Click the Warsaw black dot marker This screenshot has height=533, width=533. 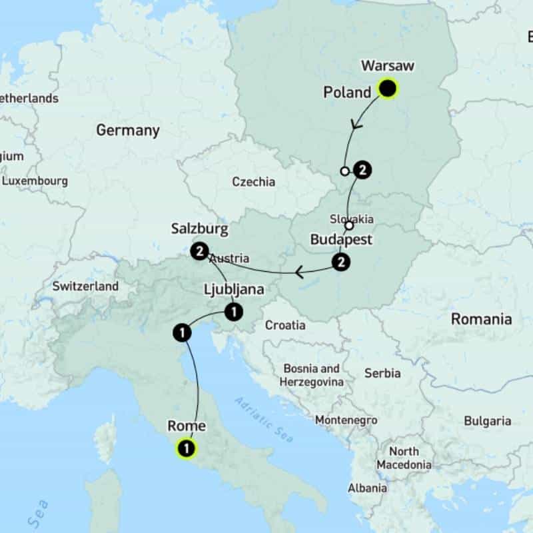(x=387, y=89)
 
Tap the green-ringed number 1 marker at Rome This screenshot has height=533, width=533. (x=187, y=449)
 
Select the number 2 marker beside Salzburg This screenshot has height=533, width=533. (x=199, y=252)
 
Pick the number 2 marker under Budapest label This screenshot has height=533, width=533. (x=341, y=263)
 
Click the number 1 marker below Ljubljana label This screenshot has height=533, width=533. (x=233, y=310)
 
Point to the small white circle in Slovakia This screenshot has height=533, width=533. (x=348, y=225)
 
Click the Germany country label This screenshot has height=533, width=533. (x=128, y=131)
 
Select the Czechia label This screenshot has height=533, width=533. (x=253, y=182)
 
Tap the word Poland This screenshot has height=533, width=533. (x=346, y=93)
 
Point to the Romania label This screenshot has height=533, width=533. (x=482, y=319)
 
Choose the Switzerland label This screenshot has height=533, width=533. (x=85, y=286)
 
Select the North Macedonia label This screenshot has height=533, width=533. (x=404, y=458)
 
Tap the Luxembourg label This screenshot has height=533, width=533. (x=35, y=181)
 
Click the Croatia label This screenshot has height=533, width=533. (x=285, y=326)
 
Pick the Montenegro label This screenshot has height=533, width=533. (x=346, y=420)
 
